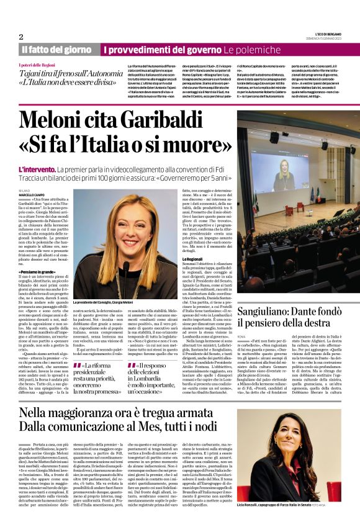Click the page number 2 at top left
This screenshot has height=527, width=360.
point(21,37)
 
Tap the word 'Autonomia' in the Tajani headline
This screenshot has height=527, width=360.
point(100,73)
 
